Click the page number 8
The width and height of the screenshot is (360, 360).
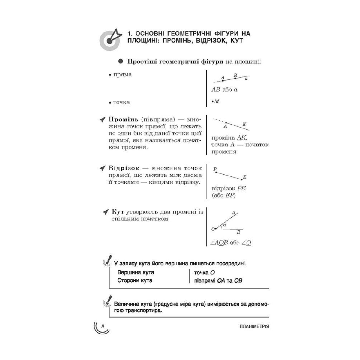(103, 326)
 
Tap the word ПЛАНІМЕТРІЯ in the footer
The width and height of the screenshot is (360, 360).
(254, 326)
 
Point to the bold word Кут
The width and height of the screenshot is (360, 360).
(117, 212)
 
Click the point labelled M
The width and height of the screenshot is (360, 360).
(213, 101)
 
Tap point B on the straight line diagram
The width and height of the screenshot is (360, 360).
(235, 78)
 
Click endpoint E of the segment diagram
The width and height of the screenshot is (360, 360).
(242, 179)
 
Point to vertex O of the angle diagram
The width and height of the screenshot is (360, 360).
(215, 229)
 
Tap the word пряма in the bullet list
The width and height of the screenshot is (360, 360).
(122, 74)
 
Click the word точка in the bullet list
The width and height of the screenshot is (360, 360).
(121, 102)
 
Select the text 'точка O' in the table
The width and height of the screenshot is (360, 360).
(204, 273)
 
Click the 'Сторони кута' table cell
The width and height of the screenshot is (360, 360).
(135, 280)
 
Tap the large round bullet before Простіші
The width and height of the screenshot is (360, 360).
(121, 61)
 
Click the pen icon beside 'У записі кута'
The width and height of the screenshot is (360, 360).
(107, 260)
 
